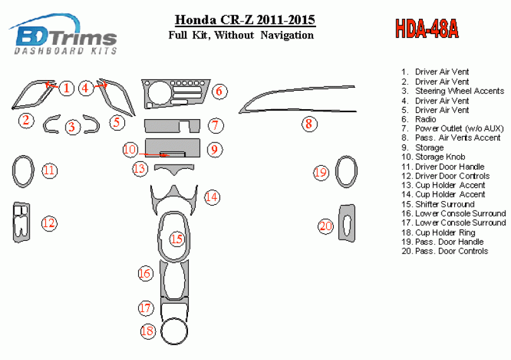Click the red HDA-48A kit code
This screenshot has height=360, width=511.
click(427, 29)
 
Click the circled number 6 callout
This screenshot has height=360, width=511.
click(219, 91)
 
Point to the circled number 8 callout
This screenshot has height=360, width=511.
click(308, 124)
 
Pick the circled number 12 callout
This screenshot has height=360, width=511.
click(49, 223)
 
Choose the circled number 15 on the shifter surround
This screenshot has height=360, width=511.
click(177, 239)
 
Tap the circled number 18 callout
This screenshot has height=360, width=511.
click(148, 330)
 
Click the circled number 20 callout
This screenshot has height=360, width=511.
click(326, 226)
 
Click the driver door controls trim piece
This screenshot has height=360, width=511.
click(21, 223)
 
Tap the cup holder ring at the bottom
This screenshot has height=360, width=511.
click(173, 332)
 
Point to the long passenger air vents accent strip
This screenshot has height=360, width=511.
click(297, 96)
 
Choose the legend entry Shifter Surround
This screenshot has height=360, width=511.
click(444, 204)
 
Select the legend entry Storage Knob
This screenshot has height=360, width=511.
click(441, 157)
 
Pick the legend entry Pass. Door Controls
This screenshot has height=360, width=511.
click(451, 251)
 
